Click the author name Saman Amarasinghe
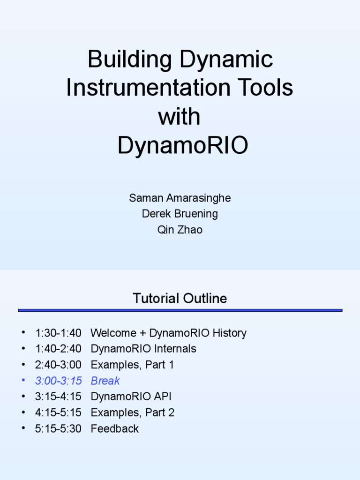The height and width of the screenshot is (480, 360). pyautogui.click(x=180, y=198)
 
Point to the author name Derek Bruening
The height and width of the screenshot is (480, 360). pyautogui.click(x=180, y=214)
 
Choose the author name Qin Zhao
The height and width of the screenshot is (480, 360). pyautogui.click(x=180, y=230)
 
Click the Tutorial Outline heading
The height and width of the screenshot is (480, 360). pyautogui.click(x=180, y=299)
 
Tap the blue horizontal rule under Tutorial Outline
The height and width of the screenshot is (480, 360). pyautogui.click(x=180, y=310)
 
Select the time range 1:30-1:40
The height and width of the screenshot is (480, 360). pyautogui.click(x=58, y=333)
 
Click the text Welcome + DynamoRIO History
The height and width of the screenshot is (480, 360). pyautogui.click(x=168, y=333)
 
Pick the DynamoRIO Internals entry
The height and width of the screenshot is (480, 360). pyautogui.click(x=143, y=349)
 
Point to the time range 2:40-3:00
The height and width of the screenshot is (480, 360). pyautogui.click(x=58, y=365)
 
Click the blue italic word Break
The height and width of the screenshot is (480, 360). pyautogui.click(x=105, y=381)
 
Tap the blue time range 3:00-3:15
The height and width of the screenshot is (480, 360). pyautogui.click(x=58, y=381)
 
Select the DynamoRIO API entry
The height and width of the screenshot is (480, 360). pyautogui.click(x=131, y=397)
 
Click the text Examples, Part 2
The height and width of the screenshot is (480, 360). pyautogui.click(x=133, y=412)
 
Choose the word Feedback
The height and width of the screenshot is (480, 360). pyautogui.click(x=115, y=428)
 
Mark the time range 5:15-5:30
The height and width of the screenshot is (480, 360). pyautogui.click(x=58, y=428)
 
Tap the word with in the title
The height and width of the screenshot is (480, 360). pyautogui.click(x=179, y=117)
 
